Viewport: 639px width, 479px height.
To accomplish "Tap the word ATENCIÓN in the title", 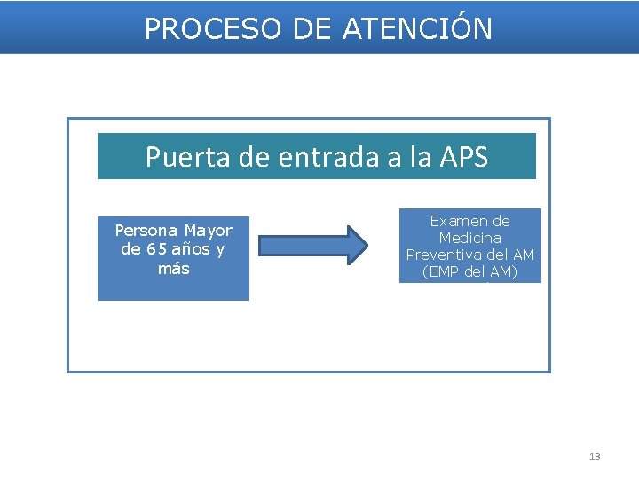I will [x=417, y=29].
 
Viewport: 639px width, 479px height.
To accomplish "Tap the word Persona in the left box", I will [x=146, y=231].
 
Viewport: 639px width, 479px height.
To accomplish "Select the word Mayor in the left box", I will [x=209, y=231].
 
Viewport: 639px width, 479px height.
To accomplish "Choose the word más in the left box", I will [x=173, y=268].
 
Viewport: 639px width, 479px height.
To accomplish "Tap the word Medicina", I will [x=469, y=238].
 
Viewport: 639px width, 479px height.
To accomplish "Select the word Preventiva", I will [x=447, y=255].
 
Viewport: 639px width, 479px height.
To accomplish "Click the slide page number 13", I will [x=595, y=457].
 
